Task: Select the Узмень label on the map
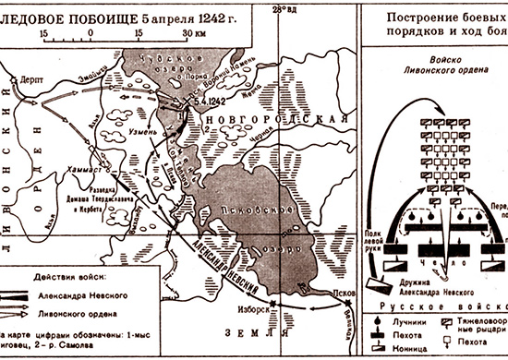click(127, 133)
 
